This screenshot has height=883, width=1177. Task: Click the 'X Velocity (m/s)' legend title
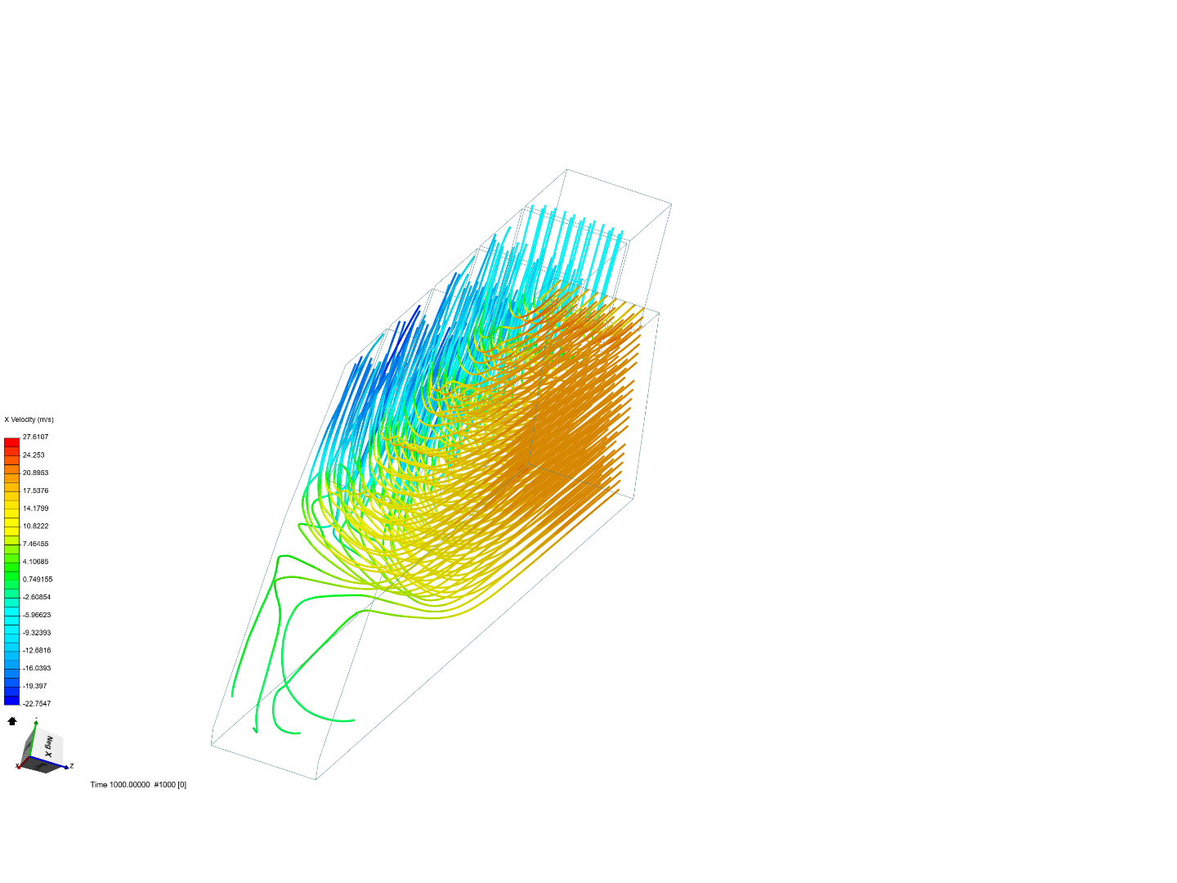point(29,419)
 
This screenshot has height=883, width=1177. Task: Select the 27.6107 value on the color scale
point(35,437)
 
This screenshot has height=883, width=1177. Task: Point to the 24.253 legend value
point(34,455)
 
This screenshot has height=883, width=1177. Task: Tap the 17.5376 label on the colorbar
point(35,491)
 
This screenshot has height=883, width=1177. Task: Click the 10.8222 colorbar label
point(35,527)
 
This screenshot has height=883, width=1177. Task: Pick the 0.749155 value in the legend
point(37,580)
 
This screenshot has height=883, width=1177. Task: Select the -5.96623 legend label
point(36,615)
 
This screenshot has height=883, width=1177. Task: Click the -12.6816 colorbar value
point(36,651)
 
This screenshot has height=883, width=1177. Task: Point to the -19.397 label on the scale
point(34,686)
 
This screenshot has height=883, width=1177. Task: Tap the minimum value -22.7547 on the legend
point(36,704)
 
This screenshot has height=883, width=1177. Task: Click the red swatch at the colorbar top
point(11,442)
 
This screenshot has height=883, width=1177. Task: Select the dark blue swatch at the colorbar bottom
point(11,699)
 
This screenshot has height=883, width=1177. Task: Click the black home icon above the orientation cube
point(12,721)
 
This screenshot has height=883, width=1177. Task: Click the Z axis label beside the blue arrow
point(72,766)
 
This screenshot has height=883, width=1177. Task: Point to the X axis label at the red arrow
point(17,766)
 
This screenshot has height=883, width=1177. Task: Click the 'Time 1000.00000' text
point(120,785)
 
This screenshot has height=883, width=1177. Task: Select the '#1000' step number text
point(164,785)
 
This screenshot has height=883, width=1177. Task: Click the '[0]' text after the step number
point(181,785)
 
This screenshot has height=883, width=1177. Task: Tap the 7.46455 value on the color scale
point(35,544)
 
